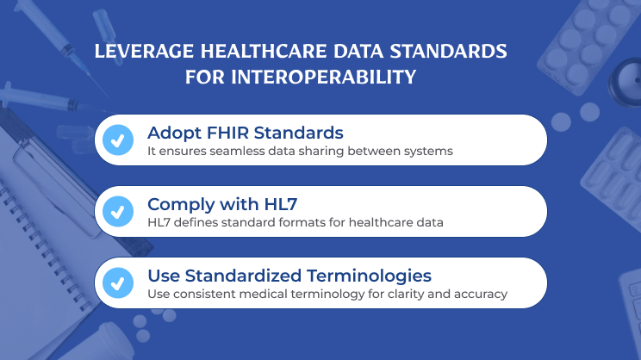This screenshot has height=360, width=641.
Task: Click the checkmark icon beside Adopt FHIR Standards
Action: [118, 140]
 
